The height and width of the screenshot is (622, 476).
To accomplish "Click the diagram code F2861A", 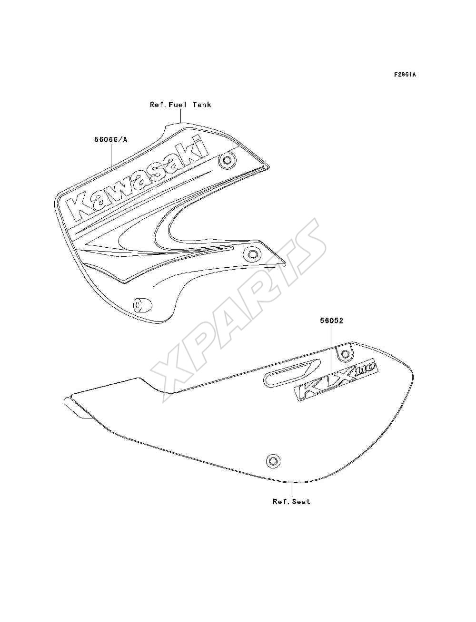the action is coord(405,75).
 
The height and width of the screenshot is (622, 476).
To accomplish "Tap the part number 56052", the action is coord(332,321).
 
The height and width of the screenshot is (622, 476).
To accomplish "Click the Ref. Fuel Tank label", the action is coord(180,105).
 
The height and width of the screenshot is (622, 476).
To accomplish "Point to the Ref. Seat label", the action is coord(292,502).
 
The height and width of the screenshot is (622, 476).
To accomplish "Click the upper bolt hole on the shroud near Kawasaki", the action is coord(227,161).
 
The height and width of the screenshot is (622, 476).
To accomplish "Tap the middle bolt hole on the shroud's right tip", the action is coord(252,253).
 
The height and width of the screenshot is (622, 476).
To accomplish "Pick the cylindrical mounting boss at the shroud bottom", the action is coord(142,305).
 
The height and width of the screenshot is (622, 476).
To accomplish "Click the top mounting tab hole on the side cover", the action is coord(345,354).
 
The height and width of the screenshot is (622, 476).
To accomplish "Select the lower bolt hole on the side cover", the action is coord(273,461).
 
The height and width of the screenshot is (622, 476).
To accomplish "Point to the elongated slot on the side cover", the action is coord(292,371).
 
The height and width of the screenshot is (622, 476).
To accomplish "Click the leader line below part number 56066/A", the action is coord(111,157).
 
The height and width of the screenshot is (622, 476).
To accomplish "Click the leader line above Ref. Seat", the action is coord(292,490).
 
